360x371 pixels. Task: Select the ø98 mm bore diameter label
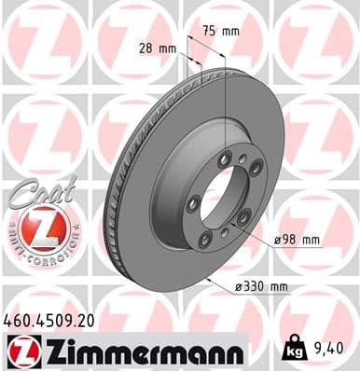[x=297, y=240]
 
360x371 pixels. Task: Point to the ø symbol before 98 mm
[x=278, y=240]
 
